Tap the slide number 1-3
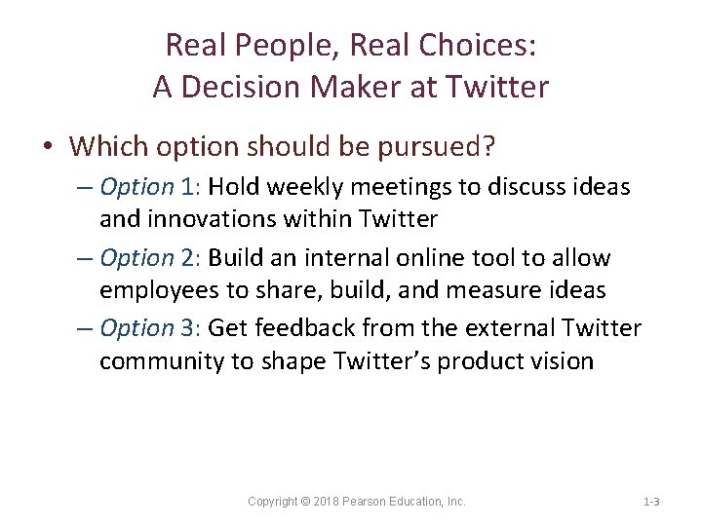pos(651,502)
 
